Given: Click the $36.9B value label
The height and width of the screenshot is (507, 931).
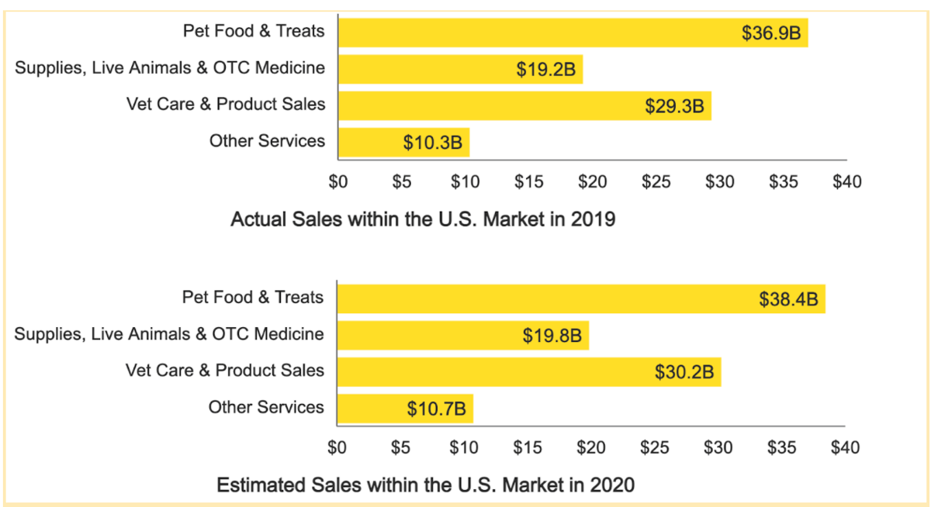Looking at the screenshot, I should [x=771, y=33].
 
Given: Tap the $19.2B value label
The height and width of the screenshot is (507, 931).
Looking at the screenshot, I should [x=546, y=70].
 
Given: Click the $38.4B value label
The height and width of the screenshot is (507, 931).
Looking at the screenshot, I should [x=788, y=299].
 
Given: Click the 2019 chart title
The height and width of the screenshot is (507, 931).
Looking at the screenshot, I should [x=423, y=219].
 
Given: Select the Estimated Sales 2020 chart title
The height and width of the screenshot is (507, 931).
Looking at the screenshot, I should [x=425, y=486].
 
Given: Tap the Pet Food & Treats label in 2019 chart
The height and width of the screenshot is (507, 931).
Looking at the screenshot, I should [x=254, y=31].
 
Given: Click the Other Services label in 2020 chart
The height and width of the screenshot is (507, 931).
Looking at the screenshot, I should [x=266, y=407].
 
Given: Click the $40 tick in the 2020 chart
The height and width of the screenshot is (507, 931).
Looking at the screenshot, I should [x=845, y=448].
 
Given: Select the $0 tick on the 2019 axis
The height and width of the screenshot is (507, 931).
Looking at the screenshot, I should [x=337, y=182].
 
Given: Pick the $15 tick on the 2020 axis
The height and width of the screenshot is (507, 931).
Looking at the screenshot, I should [x=528, y=448].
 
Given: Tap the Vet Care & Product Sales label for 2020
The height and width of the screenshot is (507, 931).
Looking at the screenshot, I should [x=225, y=371].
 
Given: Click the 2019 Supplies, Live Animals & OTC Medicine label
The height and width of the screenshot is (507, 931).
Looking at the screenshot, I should [x=170, y=67].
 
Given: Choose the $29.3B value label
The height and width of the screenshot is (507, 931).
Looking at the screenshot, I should [x=674, y=106].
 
